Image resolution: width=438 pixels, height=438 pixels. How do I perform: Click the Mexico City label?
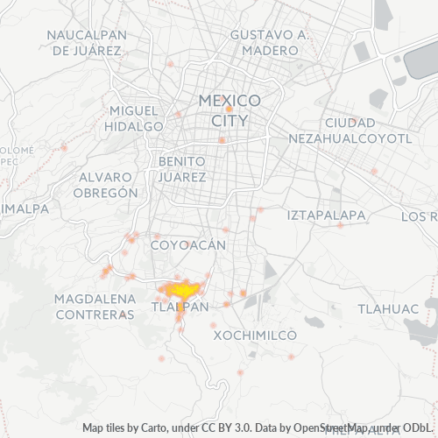(230, 109)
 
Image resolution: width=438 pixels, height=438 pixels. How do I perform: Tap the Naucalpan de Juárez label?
(87, 42)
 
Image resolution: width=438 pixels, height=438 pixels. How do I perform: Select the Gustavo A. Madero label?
(269, 42)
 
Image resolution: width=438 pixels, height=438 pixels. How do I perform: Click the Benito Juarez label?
(181, 169)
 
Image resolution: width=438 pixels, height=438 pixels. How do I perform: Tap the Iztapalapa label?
(327, 215)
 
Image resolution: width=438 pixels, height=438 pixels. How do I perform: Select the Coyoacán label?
(189, 246)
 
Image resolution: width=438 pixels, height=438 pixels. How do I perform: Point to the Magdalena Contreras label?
(95, 306)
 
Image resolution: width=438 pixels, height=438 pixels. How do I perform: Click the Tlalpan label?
(180, 308)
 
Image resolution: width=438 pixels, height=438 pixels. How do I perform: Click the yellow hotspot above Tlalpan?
(181, 289)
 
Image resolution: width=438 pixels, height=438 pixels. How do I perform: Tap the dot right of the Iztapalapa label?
(340, 226)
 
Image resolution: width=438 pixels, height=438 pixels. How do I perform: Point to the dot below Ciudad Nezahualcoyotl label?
(374, 171)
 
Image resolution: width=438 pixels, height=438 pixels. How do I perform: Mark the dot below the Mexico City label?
(222, 139)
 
